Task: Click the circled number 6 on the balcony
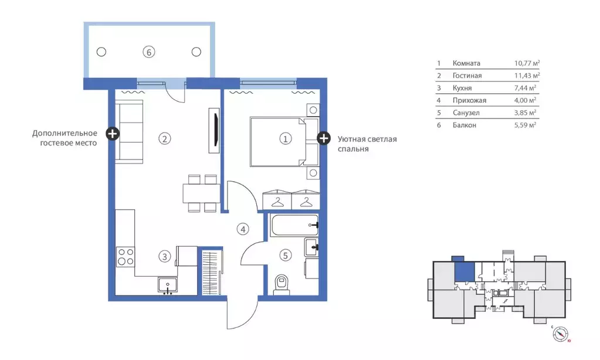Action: click(x=150, y=52)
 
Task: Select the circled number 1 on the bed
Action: click(x=285, y=139)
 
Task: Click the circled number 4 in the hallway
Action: click(x=243, y=229)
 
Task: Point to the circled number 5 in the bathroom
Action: click(x=285, y=255)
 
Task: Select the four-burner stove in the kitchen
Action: click(x=126, y=257)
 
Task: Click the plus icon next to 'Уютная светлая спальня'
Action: click(x=323, y=138)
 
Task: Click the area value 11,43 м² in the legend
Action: click(x=526, y=76)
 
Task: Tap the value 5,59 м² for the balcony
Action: click(x=524, y=125)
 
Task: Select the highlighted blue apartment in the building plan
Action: click(x=464, y=272)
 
